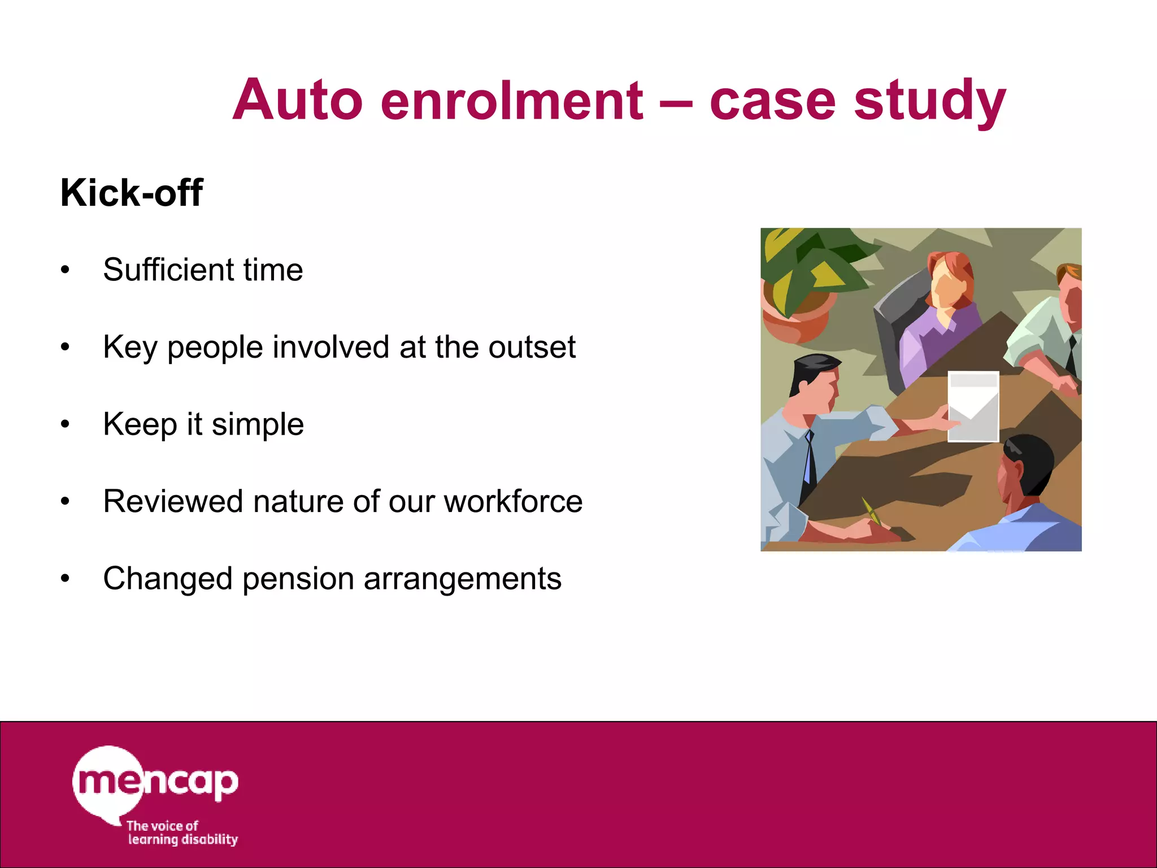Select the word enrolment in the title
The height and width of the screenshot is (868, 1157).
coord(511,101)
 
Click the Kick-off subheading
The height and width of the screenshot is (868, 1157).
coord(131,193)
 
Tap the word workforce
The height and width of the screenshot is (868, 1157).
coord(513,502)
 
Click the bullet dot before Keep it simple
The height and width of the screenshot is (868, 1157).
coord(66,424)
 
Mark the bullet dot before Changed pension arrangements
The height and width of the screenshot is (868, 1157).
coord(66,579)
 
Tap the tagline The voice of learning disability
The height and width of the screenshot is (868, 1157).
coord(181,833)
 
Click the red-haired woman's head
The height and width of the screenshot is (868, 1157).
coord(950,280)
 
